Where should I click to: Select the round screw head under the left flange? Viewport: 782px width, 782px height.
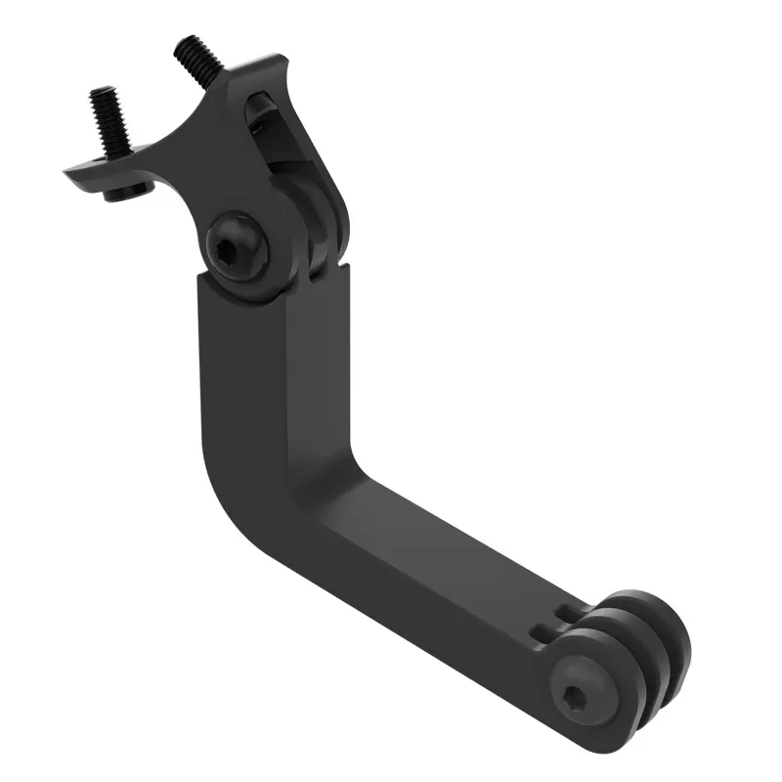click(127, 190)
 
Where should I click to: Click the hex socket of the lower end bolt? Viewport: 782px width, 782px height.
click(573, 696)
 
